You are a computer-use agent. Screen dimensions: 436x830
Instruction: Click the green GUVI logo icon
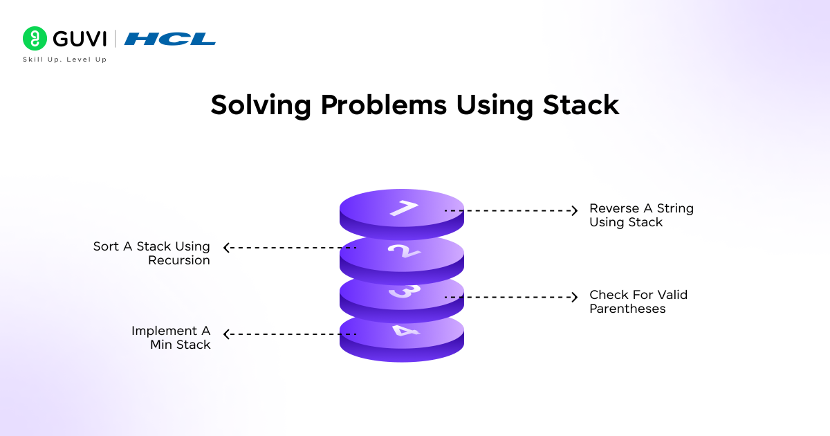[35, 39]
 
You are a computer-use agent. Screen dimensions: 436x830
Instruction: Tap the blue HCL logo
[170, 39]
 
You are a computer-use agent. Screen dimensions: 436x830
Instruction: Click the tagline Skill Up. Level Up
[65, 60]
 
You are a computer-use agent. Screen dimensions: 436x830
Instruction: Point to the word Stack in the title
[580, 105]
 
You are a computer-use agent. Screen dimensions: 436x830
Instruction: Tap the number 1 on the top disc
[403, 208]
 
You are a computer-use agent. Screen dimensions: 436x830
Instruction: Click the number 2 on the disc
[403, 251]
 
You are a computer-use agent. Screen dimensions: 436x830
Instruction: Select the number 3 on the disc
[402, 291]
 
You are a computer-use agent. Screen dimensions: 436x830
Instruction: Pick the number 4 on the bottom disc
[402, 330]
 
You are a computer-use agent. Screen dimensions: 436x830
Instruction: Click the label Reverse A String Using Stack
[640, 215]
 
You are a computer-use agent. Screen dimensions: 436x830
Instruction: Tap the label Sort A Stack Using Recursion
[152, 253]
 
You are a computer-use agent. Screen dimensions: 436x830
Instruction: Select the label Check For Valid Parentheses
[638, 302]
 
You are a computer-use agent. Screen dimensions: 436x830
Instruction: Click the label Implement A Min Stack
[171, 338]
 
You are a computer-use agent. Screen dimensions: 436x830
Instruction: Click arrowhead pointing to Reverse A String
[573, 210]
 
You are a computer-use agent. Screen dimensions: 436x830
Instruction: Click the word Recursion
[179, 261]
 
